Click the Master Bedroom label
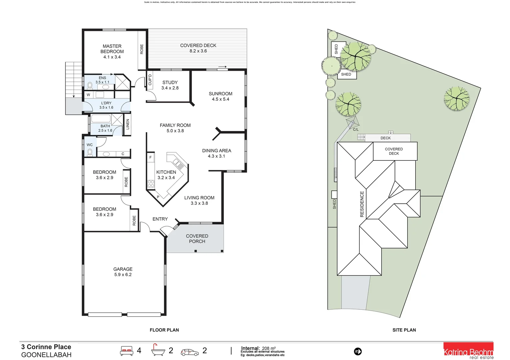pyautogui.click(x=112, y=49)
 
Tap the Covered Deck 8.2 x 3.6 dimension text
pyautogui.click(x=198, y=51)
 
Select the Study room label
pyautogui.click(x=170, y=82)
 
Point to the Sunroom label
pyautogui.click(x=220, y=94)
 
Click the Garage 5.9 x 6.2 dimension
pyautogui.click(x=123, y=275)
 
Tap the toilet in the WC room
pyautogui.click(x=90, y=152)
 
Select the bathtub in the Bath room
pyautogui.click(x=101, y=119)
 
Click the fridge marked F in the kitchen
pyautogui.click(x=150, y=157)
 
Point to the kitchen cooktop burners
pyautogui.click(x=151, y=184)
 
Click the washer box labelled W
pyautogui.click(x=88, y=95)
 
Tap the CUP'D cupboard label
pyautogui.click(x=150, y=79)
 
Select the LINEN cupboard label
pyautogui.click(x=127, y=124)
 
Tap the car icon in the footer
pyautogui.click(x=189, y=352)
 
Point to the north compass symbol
pyautogui.click(x=358, y=351)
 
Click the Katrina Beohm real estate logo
pyautogui.click(x=468, y=351)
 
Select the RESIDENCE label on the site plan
pyautogui.click(x=362, y=204)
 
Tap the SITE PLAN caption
pyautogui.click(x=404, y=330)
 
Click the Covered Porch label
pyautogui.click(x=197, y=239)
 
